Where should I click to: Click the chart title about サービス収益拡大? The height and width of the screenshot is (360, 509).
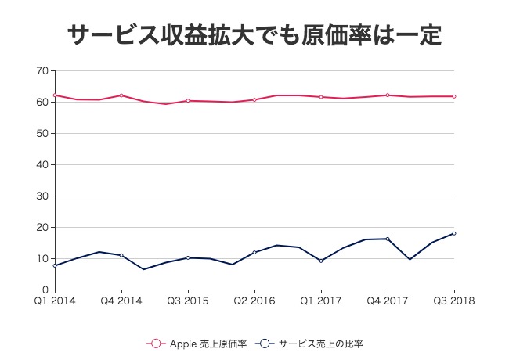(x=254, y=36)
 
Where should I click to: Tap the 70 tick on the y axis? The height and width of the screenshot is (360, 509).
(x=42, y=71)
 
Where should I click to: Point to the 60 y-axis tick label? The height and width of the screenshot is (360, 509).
(x=42, y=103)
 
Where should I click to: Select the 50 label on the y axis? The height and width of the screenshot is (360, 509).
(x=42, y=134)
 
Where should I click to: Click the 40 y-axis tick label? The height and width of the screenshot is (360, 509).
(x=42, y=165)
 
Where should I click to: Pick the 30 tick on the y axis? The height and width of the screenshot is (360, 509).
(x=42, y=196)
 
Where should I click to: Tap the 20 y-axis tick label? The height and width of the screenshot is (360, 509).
(x=42, y=228)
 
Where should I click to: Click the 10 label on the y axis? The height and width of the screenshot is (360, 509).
(x=42, y=259)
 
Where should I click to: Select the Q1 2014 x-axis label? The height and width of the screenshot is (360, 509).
(x=54, y=301)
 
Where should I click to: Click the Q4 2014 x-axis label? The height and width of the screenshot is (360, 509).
(x=121, y=301)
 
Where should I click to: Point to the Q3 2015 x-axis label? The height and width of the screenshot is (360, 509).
(x=187, y=301)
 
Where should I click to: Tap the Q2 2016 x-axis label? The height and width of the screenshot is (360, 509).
(x=254, y=301)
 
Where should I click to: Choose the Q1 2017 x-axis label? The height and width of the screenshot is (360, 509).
(x=320, y=301)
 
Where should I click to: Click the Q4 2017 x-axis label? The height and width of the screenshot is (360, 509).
(x=387, y=301)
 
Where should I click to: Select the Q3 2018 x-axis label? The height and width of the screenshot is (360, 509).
(x=453, y=301)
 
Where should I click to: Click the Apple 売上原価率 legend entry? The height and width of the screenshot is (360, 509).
(x=200, y=343)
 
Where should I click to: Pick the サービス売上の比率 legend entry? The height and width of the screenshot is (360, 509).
(x=313, y=343)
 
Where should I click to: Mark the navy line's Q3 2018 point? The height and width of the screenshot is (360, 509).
(x=454, y=233)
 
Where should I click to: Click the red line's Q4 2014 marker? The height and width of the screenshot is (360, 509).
(x=121, y=95)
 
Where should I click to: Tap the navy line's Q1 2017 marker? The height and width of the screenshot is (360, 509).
(x=321, y=261)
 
